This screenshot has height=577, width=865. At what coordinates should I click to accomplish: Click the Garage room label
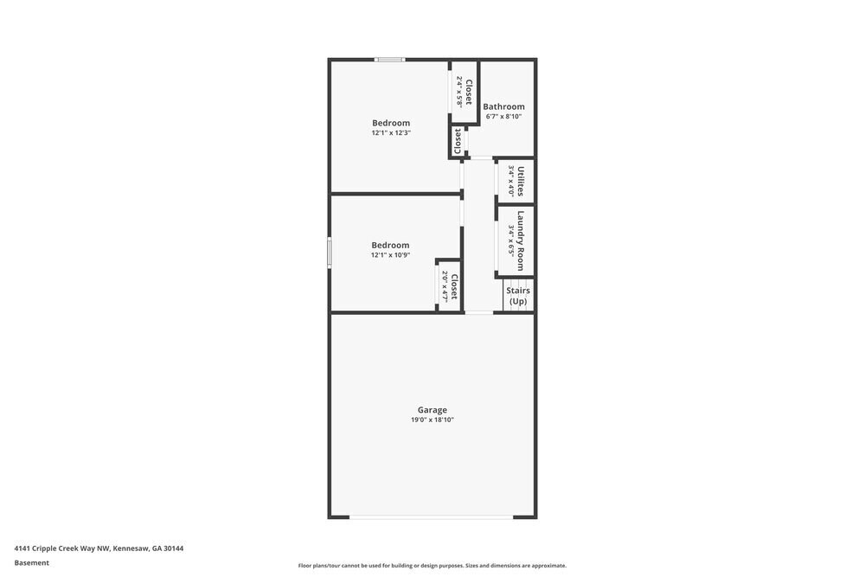(432, 410)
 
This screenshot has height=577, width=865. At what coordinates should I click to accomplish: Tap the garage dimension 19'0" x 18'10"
(432, 420)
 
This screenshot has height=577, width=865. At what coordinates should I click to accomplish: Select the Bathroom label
(503, 106)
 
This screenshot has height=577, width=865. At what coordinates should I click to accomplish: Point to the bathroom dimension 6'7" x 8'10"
(503, 117)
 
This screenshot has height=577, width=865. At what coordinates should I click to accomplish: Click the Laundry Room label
(521, 241)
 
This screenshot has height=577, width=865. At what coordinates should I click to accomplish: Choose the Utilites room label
(521, 181)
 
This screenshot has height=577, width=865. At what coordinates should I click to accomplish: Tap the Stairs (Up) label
(518, 296)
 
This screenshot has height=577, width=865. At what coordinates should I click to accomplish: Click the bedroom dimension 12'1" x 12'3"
(391, 133)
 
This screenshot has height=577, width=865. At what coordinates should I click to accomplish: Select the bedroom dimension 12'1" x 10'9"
(390, 255)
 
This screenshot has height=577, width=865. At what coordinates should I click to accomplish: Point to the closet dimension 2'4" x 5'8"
(459, 91)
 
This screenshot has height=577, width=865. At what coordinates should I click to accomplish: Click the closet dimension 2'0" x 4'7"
(445, 285)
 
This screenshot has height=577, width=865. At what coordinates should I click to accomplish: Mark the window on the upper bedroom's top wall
(389, 60)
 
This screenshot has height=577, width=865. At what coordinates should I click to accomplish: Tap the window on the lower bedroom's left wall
(329, 253)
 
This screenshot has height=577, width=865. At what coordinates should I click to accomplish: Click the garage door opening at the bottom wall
(432, 517)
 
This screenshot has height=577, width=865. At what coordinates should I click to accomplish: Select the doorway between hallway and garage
(478, 312)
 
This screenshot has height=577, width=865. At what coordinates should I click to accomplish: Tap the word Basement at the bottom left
(32, 563)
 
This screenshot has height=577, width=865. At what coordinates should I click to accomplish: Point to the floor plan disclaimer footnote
(432, 566)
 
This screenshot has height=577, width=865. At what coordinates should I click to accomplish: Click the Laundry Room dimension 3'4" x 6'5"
(511, 241)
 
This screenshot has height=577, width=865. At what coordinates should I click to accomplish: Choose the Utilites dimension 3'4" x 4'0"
(511, 181)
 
